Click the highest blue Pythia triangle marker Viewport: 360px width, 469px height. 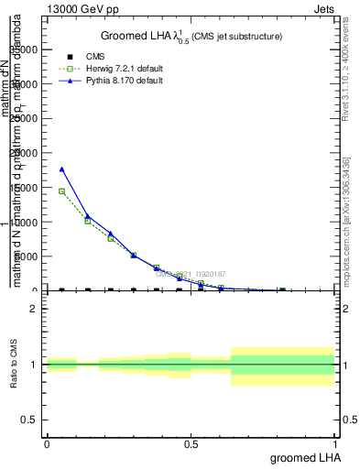coord(61,169)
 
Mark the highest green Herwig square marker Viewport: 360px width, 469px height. coord(61,191)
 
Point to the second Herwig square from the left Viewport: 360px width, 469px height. coord(87,221)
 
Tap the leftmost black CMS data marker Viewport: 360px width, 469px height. coord(61,290)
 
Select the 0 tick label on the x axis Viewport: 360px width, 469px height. coord(47,443)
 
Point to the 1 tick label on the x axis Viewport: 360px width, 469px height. coord(335,443)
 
